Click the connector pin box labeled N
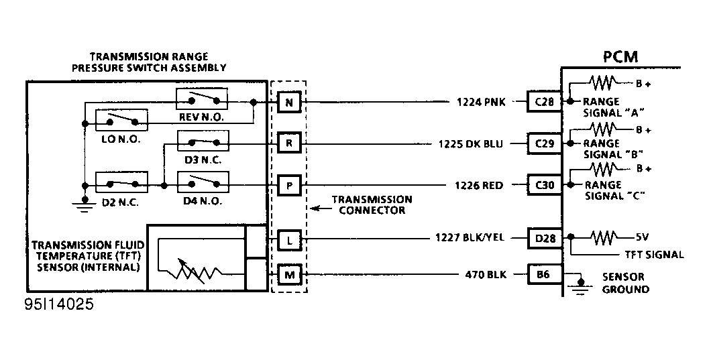tap(288, 103)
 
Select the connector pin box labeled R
tap(288, 143)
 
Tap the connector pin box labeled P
tap(288, 185)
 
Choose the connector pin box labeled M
tap(288, 274)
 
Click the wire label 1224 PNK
tap(481, 103)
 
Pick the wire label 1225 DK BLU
tap(472, 143)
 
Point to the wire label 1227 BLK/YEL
tap(470, 237)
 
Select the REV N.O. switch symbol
tap(202, 101)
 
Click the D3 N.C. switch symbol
tap(202, 141)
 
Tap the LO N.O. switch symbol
tap(121, 121)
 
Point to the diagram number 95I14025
tap(58, 304)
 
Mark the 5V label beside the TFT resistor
tap(642, 236)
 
